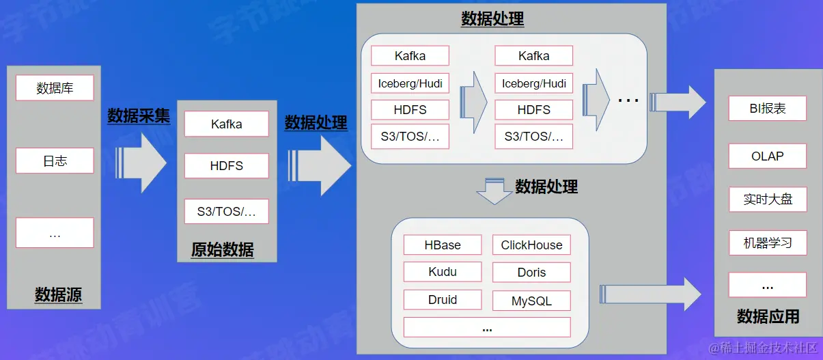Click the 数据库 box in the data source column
pos(55,88)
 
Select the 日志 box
pos(55,161)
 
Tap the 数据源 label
pos(58,295)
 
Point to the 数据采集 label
pos(139,116)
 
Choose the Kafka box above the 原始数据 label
pos(226,124)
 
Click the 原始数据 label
pos(223,250)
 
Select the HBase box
pos(443,245)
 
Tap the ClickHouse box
pos(531,245)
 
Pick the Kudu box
pos(443,272)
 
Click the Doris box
pos(531,273)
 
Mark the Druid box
pos(443,300)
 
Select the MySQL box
pos(531,301)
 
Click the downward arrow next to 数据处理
pos(494,191)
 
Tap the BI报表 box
pos(768,109)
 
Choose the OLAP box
pos(768,156)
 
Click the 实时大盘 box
pos(768,199)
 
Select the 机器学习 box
pos(768,243)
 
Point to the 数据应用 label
pos(768,316)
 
